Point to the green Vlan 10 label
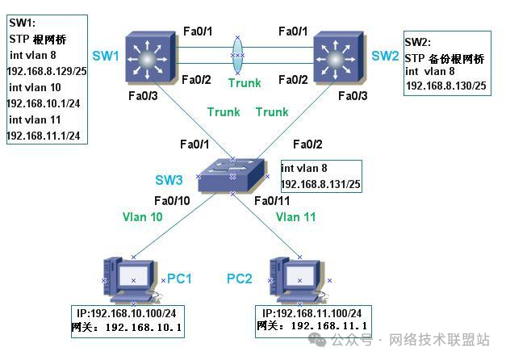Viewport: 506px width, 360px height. click(x=144, y=217)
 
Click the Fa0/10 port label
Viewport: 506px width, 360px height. click(x=174, y=200)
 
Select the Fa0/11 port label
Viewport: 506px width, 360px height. click(x=271, y=200)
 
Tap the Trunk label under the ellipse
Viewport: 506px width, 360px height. click(x=244, y=82)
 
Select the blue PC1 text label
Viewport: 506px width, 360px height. click(x=179, y=278)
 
